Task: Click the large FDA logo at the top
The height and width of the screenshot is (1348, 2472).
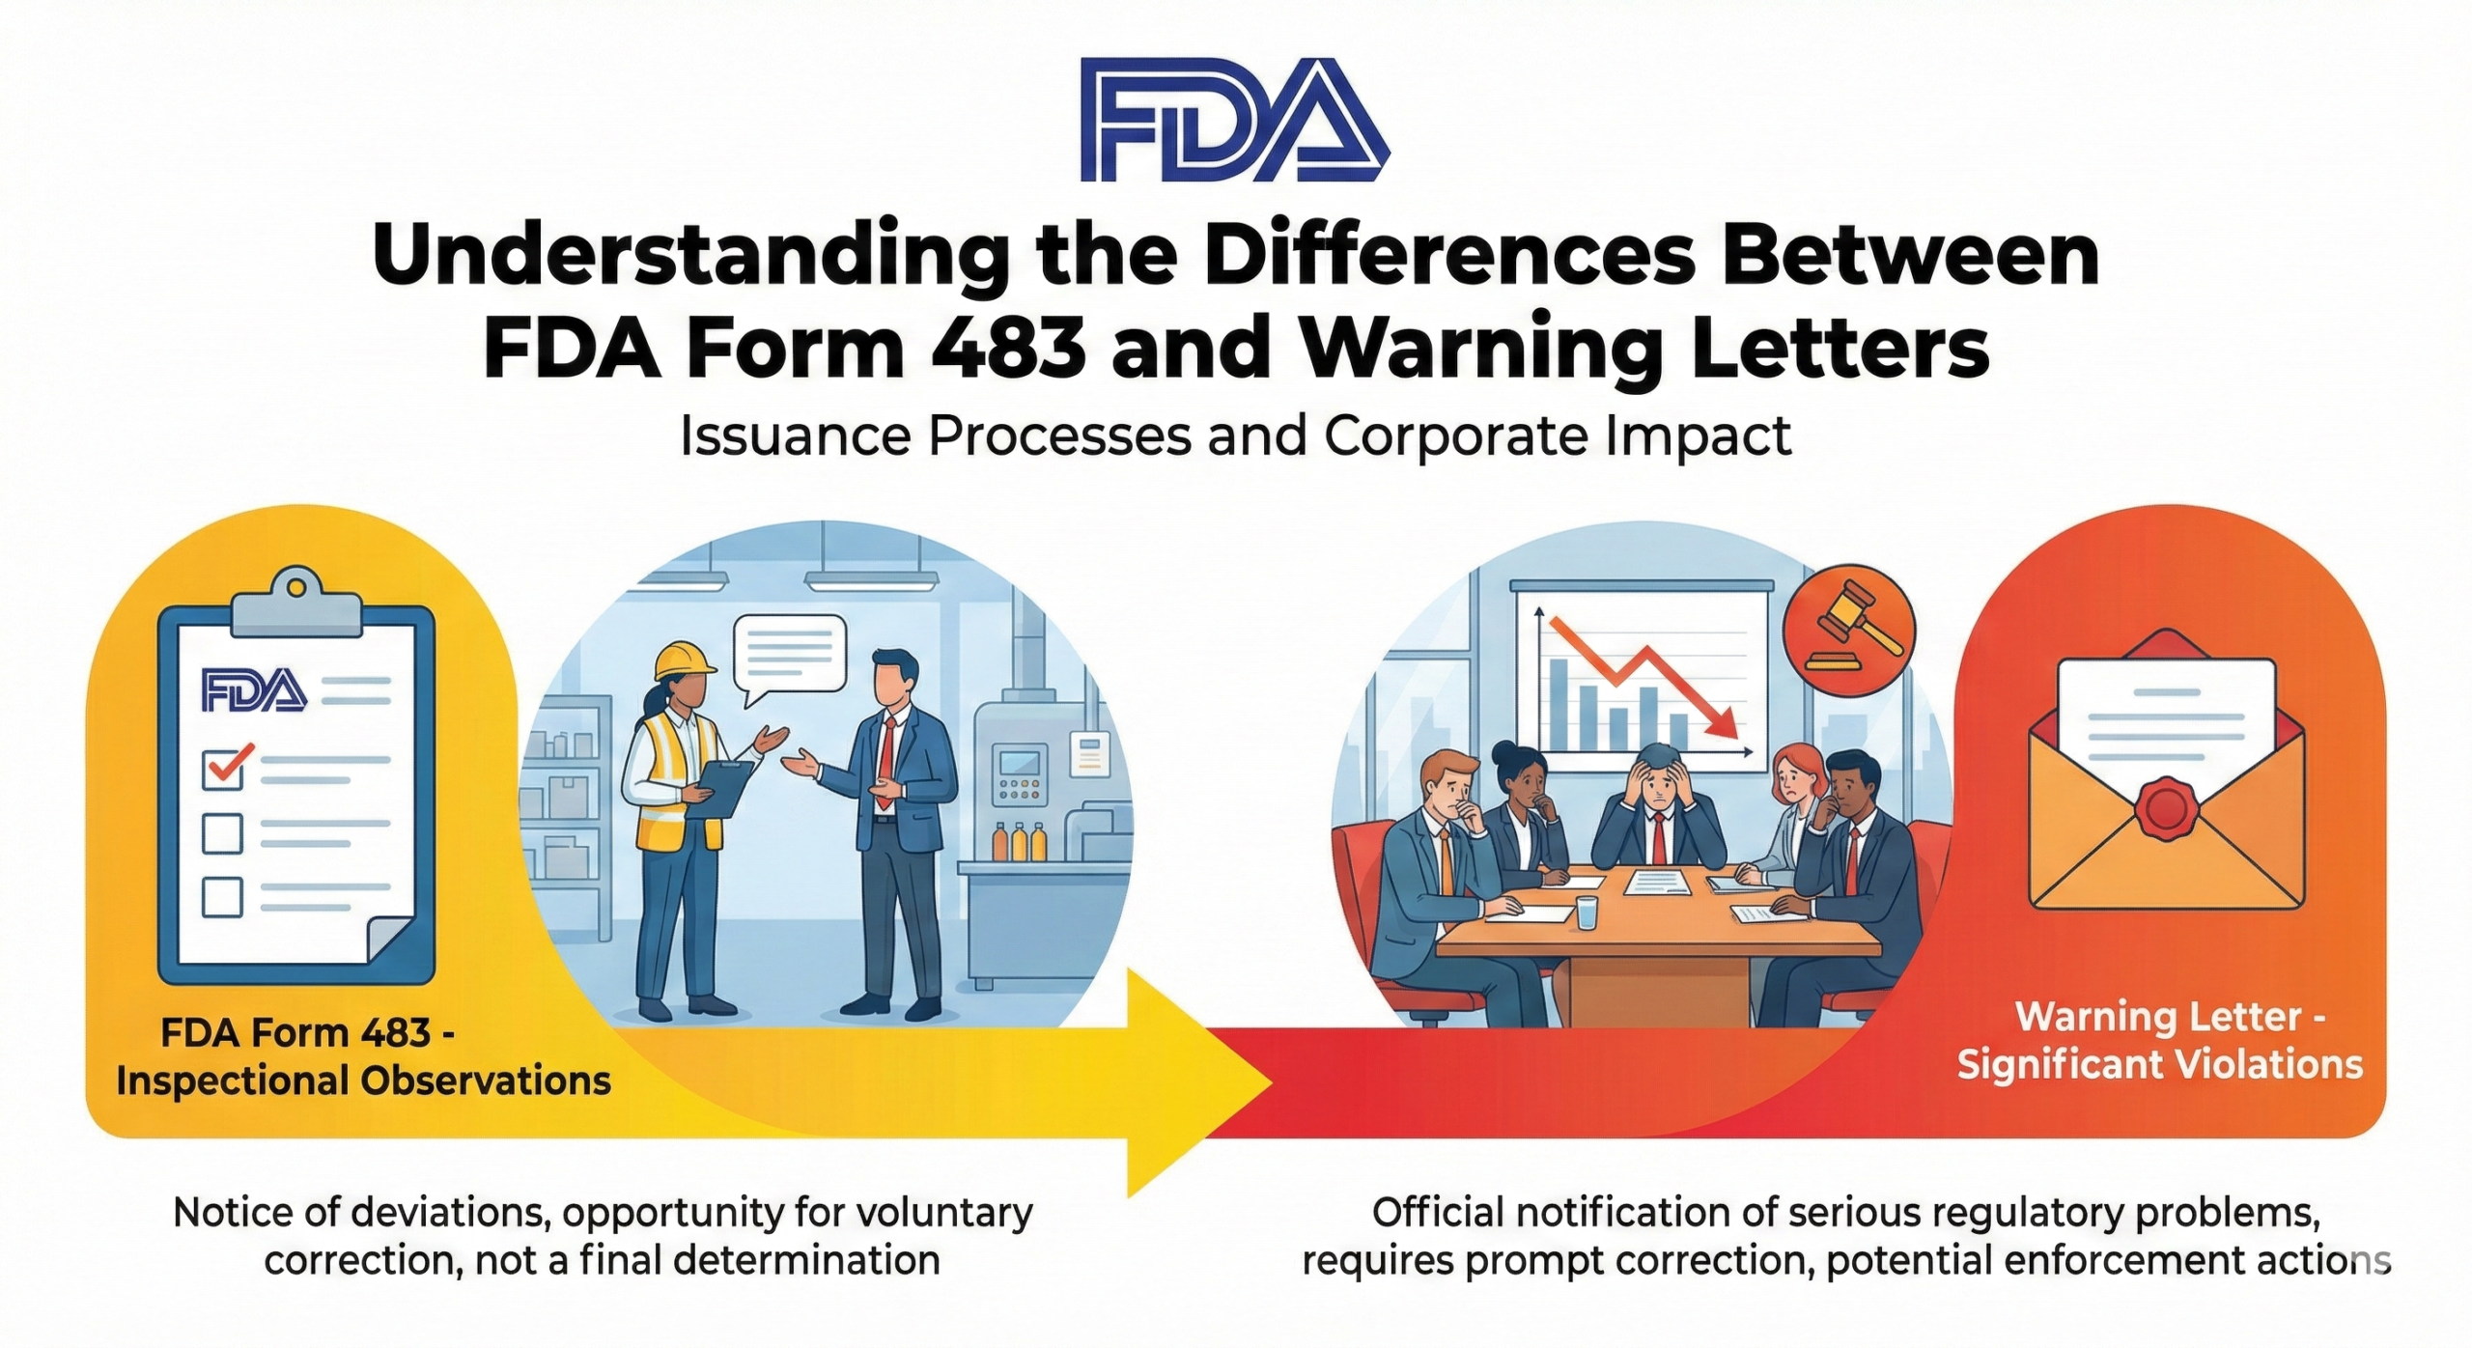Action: click(x=1235, y=119)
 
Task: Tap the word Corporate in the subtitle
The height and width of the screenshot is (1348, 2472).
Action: click(x=1456, y=435)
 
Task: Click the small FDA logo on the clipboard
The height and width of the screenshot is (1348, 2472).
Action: click(x=254, y=689)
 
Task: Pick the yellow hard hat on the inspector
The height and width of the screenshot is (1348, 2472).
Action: click(x=685, y=662)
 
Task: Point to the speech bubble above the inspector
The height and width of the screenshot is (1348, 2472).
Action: click(x=789, y=657)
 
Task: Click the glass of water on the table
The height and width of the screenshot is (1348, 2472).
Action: click(x=1587, y=913)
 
